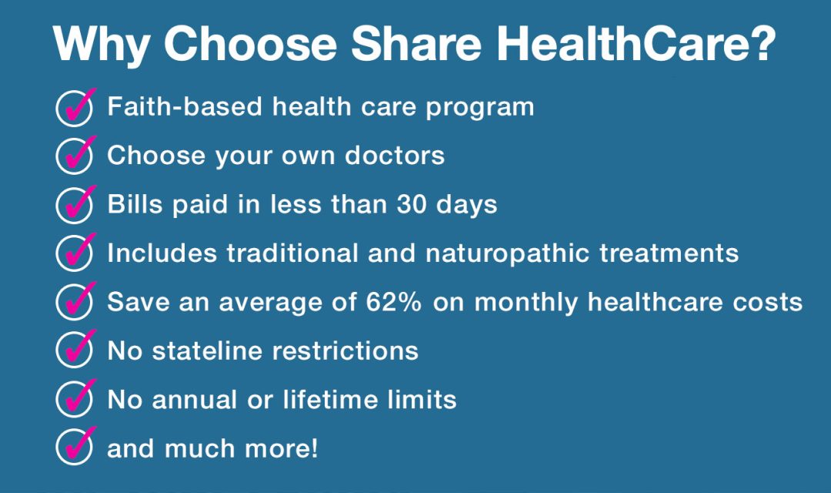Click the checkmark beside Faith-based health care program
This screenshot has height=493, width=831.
[x=75, y=107]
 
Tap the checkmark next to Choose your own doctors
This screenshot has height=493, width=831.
[x=75, y=156]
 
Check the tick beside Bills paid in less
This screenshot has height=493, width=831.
[x=75, y=204]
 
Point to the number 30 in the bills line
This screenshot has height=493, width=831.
[x=412, y=205]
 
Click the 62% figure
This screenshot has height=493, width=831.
[x=394, y=302]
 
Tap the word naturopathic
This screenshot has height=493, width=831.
[x=507, y=253]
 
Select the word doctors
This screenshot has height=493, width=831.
[x=395, y=156]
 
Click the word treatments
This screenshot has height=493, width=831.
[x=669, y=253]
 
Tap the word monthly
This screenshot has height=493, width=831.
[x=526, y=303]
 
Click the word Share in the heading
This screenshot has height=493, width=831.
[x=416, y=43]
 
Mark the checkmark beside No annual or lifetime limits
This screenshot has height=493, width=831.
[x=75, y=398]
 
